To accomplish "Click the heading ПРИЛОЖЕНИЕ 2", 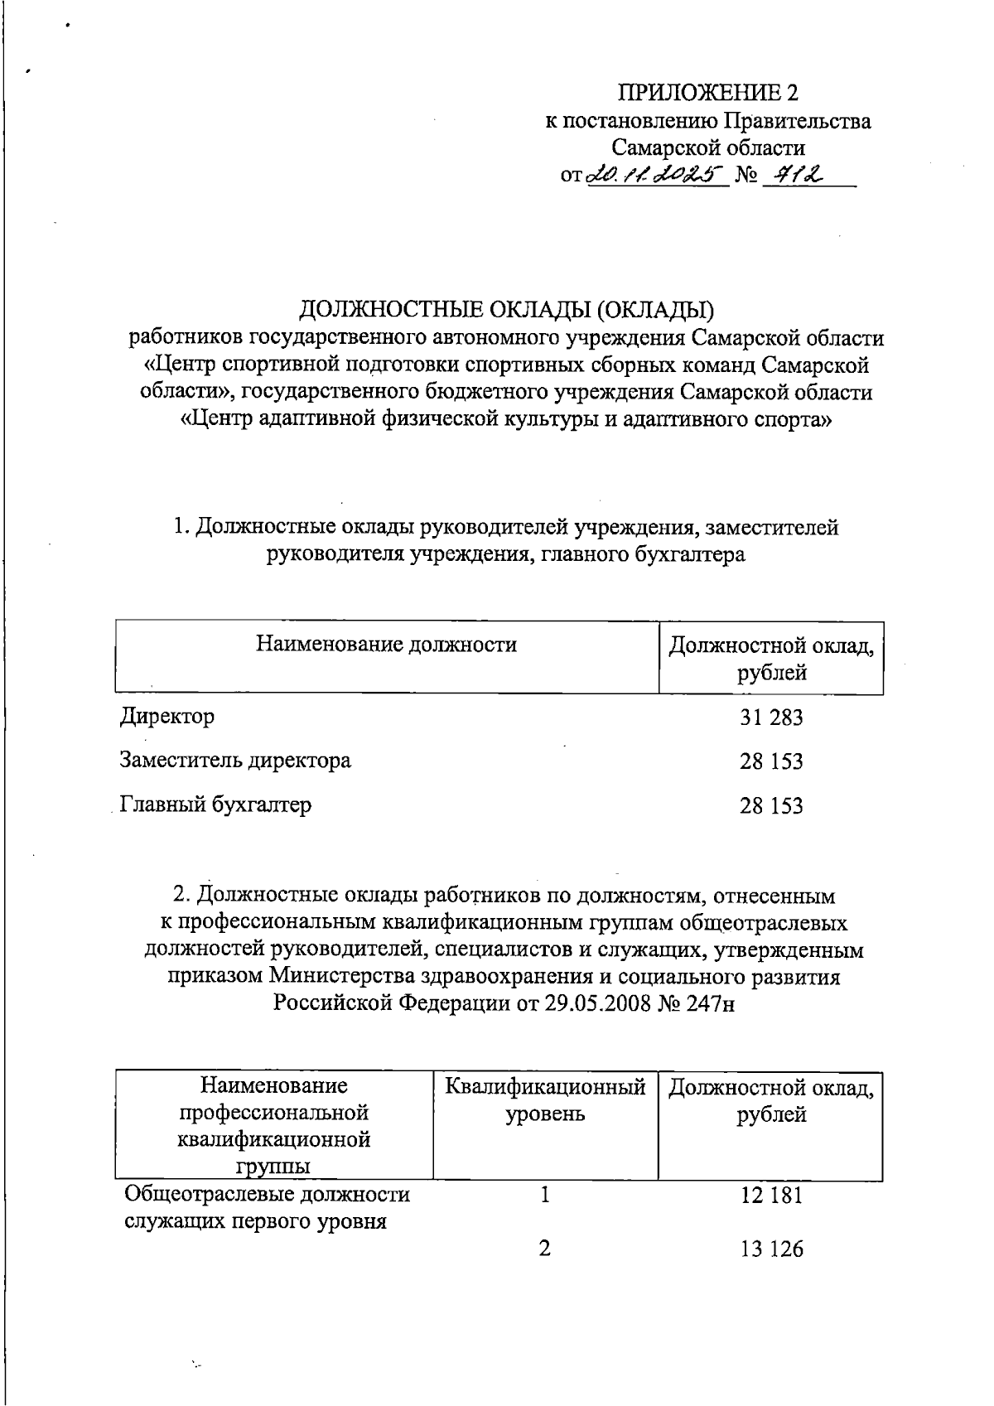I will [x=707, y=92].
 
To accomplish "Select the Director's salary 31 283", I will [x=771, y=717].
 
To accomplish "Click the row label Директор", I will [x=167, y=716].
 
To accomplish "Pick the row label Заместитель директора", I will [x=235, y=760].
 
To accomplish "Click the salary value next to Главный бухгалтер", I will [x=771, y=806].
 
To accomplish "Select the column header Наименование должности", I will [x=386, y=644].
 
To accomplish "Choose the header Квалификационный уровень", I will [x=545, y=1099].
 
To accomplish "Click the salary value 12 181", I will [x=771, y=1196].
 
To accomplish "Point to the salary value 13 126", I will [x=771, y=1249].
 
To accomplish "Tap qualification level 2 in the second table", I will [x=544, y=1249].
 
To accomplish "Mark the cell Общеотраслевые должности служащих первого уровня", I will [x=267, y=1207].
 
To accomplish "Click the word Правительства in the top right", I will [x=798, y=121].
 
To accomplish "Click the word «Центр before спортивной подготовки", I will [x=178, y=365].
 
